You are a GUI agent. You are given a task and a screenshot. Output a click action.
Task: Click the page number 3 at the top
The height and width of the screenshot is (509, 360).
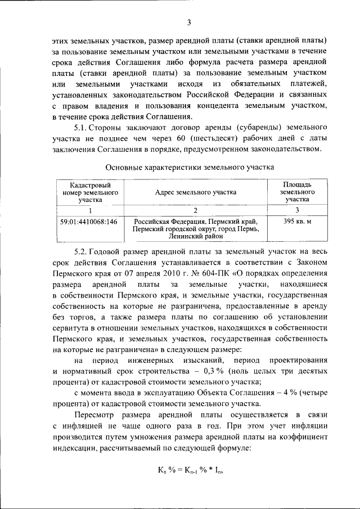point(190,22)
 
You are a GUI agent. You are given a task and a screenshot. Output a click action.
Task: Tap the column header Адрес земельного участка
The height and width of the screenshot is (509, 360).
point(196,192)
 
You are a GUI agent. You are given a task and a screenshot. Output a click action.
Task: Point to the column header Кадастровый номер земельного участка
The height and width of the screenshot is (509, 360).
point(90,192)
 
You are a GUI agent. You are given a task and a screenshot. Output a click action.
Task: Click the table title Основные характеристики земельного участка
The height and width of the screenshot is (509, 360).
point(190,167)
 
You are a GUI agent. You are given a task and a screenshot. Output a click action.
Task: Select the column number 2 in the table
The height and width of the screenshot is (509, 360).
point(196,210)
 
